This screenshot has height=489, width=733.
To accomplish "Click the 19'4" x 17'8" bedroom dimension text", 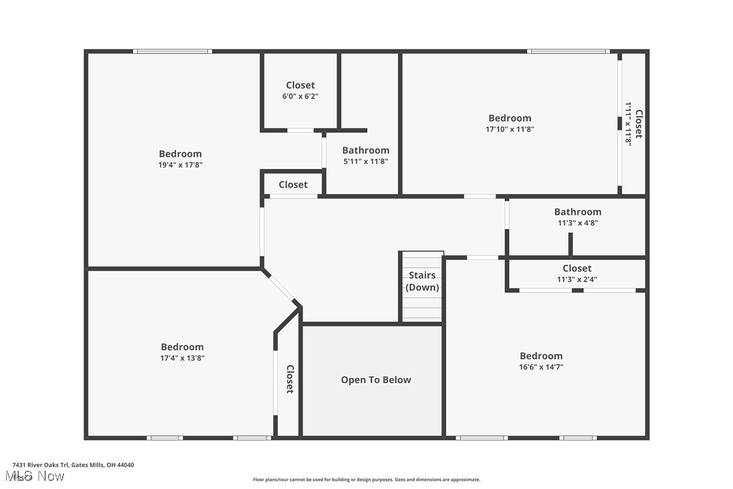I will coord(180,165).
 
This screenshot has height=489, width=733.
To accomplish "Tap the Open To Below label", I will coord(375,380).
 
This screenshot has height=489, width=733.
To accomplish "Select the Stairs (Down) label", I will coord(422,282).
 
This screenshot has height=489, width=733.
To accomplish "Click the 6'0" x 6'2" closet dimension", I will coord(300,97).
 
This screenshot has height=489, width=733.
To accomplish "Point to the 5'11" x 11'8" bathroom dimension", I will coord(365,161).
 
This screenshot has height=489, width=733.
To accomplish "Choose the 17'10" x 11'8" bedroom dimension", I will coord(510,129).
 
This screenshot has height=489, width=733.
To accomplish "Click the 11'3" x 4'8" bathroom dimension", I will coord(577,223).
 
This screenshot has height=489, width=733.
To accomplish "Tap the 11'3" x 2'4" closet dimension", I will coord(576,279).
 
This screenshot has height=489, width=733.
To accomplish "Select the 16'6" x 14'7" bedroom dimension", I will coord(541,367).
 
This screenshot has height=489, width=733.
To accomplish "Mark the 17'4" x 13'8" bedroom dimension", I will coord(182,359).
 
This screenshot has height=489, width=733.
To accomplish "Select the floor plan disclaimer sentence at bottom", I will coord(366,480).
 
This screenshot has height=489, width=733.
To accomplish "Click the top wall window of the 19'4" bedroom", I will coord(172,51).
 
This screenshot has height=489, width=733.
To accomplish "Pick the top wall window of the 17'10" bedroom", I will coord(568,51).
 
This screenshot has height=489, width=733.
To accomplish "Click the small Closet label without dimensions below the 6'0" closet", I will coord(293,184).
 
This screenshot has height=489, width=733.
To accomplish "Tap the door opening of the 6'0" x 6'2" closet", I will coord(300,130).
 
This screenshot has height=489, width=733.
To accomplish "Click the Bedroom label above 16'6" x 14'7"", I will coord(541,356).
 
